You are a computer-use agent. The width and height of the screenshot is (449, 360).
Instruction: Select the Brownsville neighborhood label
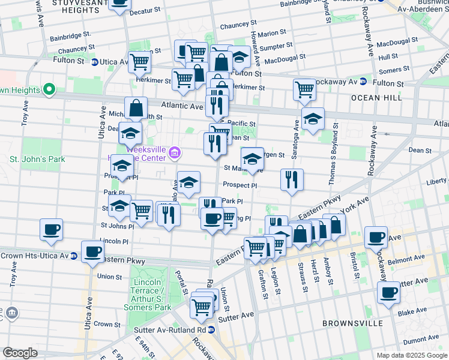click(x=352, y=323)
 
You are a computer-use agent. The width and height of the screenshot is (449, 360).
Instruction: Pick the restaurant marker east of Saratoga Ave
click(x=292, y=179)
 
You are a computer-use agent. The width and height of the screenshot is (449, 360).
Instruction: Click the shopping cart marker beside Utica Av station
click(x=140, y=61)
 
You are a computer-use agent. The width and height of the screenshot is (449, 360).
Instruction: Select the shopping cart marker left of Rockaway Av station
click(x=305, y=89)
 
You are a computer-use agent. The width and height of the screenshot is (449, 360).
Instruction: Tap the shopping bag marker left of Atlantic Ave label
click(x=136, y=108)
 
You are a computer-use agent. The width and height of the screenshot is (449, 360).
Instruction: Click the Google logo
click(x=20, y=353)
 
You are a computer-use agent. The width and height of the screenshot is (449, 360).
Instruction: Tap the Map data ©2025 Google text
click(x=411, y=355)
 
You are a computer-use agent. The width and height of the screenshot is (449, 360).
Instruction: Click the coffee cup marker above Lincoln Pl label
click(x=51, y=229)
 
